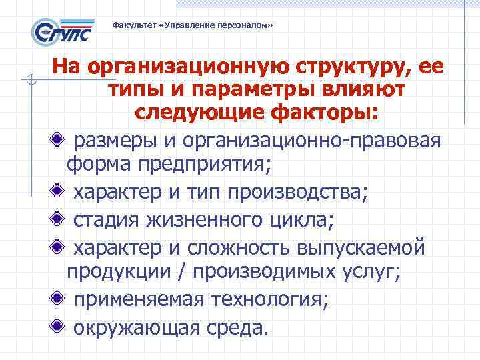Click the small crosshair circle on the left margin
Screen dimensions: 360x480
pyautogui.click(x=29, y=82)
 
